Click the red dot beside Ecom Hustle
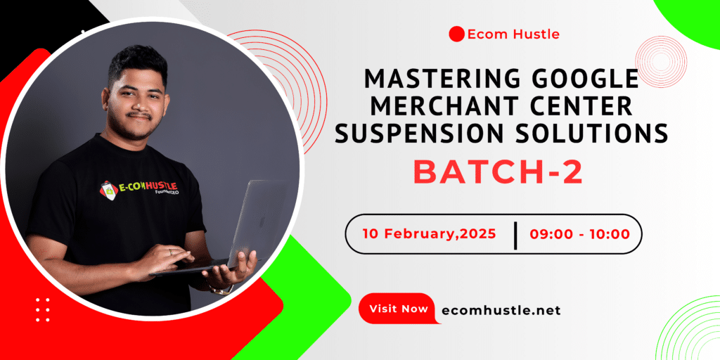click(456, 34)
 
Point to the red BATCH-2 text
click(499, 172)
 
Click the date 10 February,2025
click(430, 233)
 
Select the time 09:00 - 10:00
click(579, 233)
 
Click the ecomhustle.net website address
click(501, 310)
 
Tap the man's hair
click(137, 63)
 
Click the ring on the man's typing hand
click(170, 252)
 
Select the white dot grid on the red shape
click(43, 309)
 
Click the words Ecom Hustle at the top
click(513, 34)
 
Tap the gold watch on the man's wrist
click(221, 289)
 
